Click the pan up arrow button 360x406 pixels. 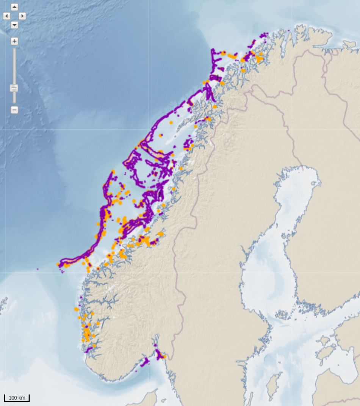[x=14, y=7]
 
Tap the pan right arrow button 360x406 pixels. [x=22, y=16]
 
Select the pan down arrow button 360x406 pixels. [x=14, y=25]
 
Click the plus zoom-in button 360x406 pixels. [x=14, y=41]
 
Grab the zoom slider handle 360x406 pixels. [x=14, y=88]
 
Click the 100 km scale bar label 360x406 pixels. [x=17, y=398]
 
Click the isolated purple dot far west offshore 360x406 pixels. [x=38, y=269]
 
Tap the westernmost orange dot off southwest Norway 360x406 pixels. [x=76, y=309]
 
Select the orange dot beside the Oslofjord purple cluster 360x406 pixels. [x=164, y=356]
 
